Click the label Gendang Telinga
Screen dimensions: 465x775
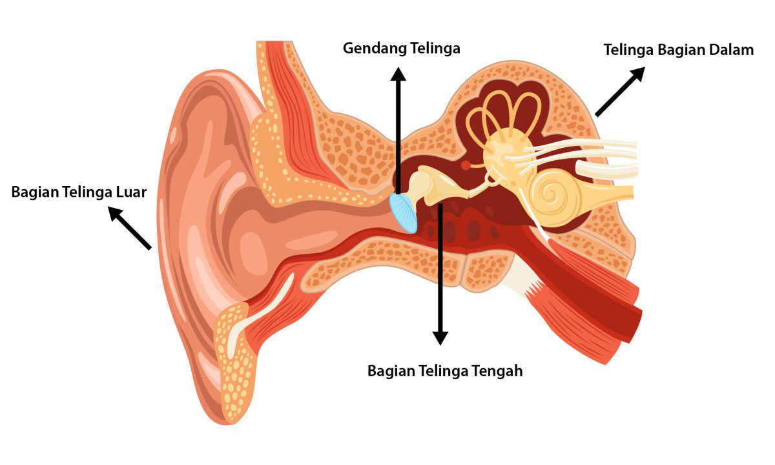tap(401, 49)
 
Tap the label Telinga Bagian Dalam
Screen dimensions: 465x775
tap(678, 50)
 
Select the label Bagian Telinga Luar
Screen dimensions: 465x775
tap(79, 192)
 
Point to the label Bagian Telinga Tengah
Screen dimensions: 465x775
tap(444, 371)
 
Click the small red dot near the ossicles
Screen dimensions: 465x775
tap(466, 165)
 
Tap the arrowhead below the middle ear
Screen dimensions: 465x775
tap(440, 337)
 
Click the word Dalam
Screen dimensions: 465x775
tap(731, 50)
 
